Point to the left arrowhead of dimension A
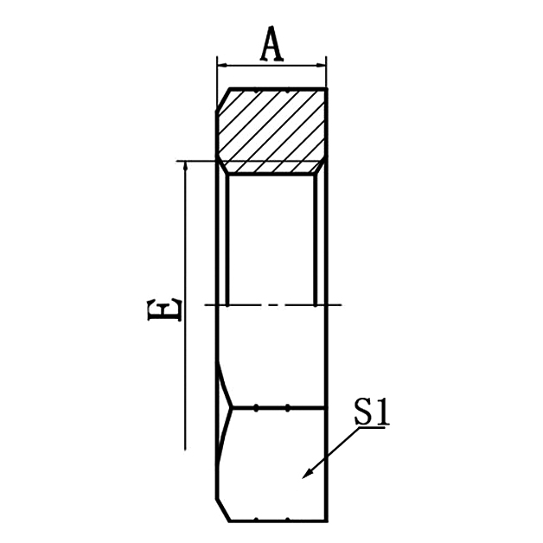tap(222, 65)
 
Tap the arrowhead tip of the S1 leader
tap(303, 477)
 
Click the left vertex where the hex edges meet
tap(231, 407)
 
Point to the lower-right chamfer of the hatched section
tap(321, 167)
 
